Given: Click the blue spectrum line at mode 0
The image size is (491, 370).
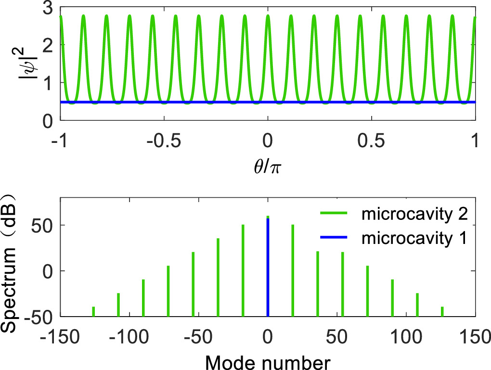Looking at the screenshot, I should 268,269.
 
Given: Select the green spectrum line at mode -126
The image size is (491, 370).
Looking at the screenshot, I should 93,312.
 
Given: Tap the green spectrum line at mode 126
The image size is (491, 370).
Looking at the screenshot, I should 442,312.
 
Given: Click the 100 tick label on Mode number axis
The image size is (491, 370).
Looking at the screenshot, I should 407,335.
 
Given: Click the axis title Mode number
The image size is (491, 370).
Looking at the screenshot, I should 268,359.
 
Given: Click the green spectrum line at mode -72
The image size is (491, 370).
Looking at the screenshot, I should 168,291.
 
